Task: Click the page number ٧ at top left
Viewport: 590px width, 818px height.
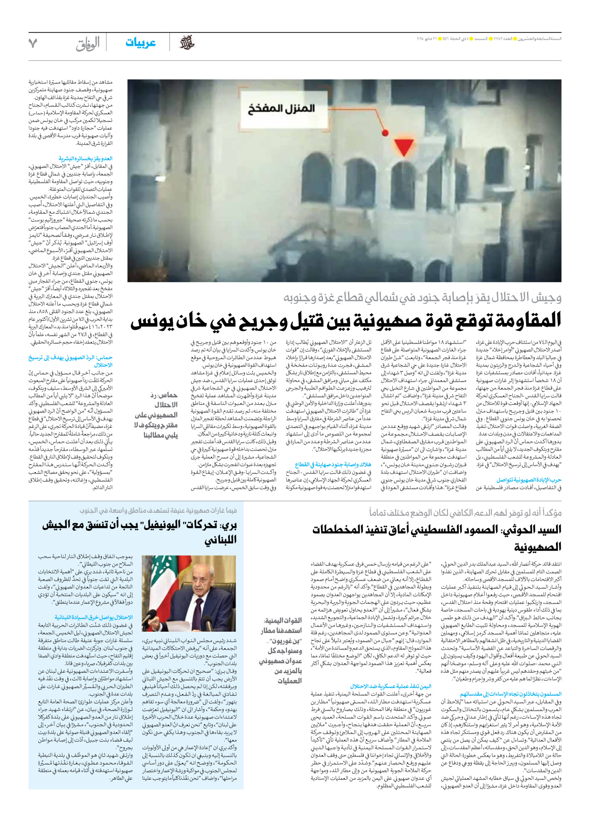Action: [x=33, y=43]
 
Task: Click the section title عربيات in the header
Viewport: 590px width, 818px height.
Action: [x=140, y=43]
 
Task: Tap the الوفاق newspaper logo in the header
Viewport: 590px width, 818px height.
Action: [x=88, y=44]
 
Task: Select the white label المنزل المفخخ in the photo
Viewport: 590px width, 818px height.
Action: [x=281, y=109]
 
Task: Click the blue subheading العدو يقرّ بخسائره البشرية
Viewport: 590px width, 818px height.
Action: [x=85, y=159]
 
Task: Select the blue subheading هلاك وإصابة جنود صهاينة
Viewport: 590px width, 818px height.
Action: [x=333, y=465]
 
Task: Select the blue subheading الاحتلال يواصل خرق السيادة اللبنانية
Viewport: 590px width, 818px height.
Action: [x=93, y=617]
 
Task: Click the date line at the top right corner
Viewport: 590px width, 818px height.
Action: [x=488, y=38]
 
